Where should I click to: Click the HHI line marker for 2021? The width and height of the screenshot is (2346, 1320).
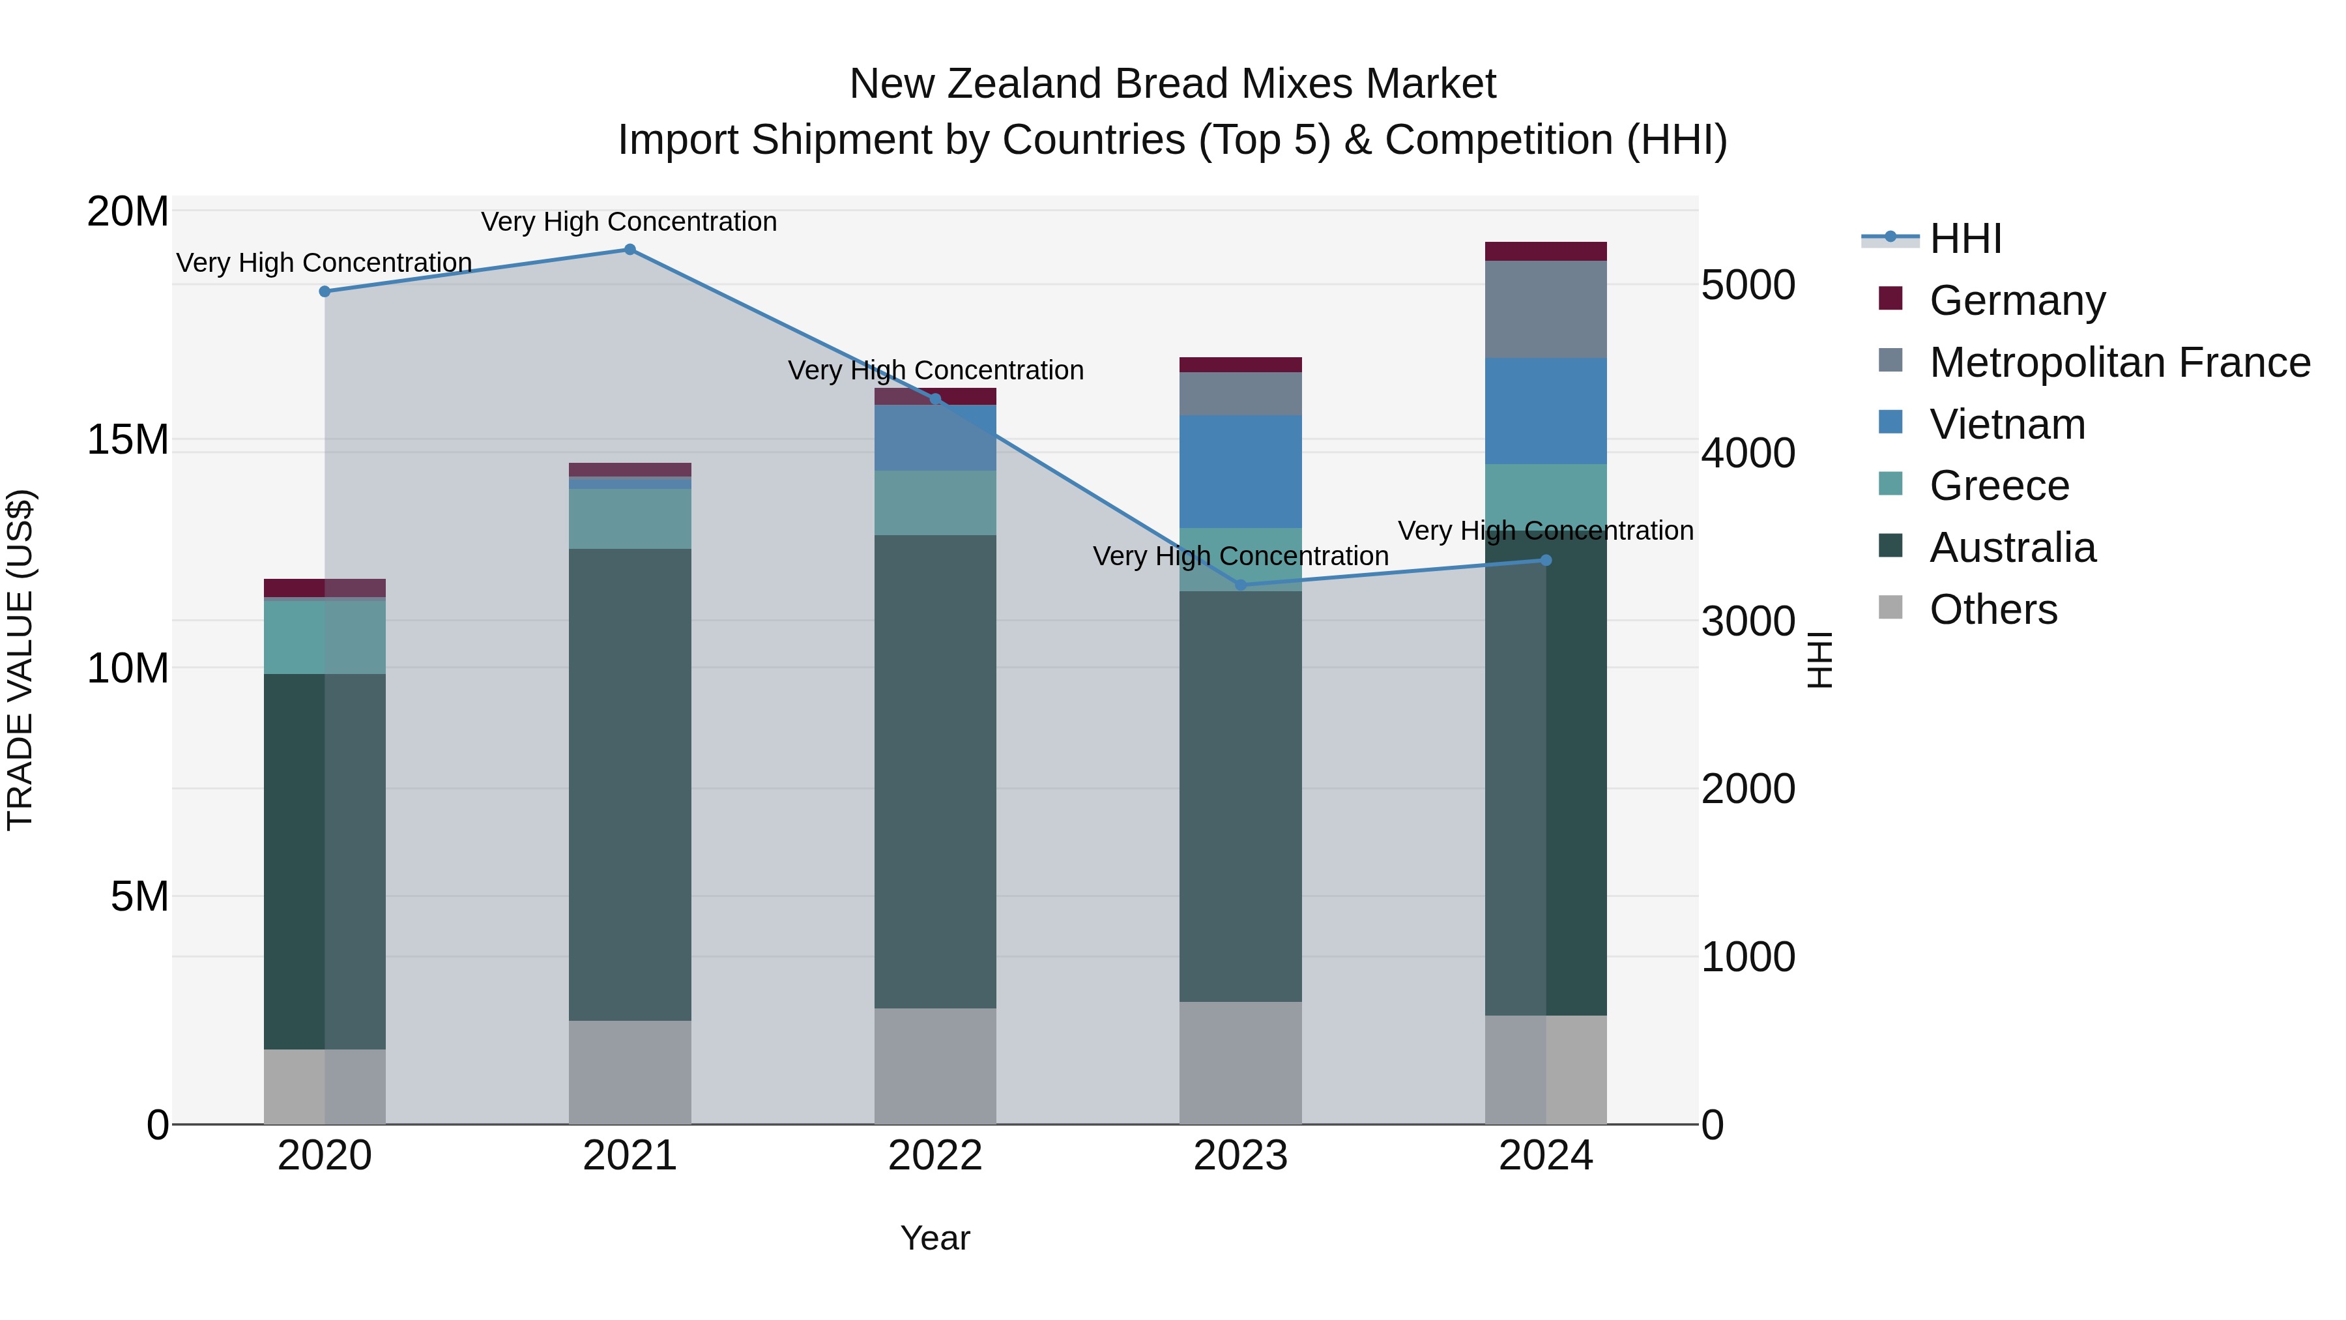pos(630,250)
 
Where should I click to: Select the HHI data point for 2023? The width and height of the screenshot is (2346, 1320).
pos(1240,585)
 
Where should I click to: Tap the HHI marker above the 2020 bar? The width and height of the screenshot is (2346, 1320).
pos(325,291)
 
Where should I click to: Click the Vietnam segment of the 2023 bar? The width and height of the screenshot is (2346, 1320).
pos(1240,472)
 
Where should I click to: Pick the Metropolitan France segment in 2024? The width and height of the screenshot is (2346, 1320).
pos(1546,310)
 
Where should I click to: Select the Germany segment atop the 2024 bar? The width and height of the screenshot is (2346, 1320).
pos(1546,252)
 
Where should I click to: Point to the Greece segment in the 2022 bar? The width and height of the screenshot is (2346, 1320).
pos(935,503)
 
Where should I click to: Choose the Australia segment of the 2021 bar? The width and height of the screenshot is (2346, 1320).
pos(630,784)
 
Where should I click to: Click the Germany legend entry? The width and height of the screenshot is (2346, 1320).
pos(2016,301)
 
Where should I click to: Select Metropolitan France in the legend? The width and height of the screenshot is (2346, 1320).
pos(2119,362)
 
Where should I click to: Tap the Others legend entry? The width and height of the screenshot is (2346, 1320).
pos(1993,609)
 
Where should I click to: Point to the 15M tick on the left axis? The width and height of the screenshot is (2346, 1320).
pos(128,440)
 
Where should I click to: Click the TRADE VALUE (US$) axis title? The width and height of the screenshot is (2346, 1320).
pos(20,660)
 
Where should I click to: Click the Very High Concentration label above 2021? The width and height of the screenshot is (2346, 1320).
pos(630,222)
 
